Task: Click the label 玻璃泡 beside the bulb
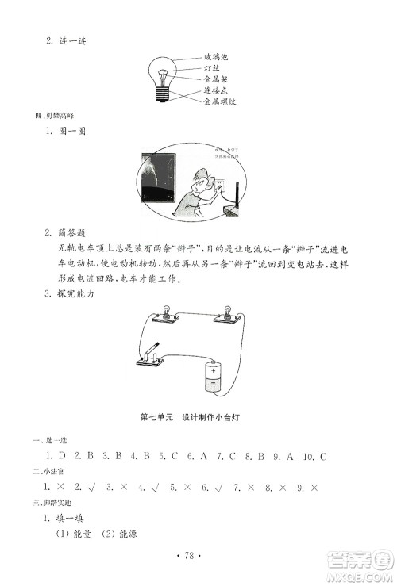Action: (218, 57)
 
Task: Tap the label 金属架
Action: (216, 79)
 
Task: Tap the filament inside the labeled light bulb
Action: (163, 76)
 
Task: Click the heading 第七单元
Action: (156, 419)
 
